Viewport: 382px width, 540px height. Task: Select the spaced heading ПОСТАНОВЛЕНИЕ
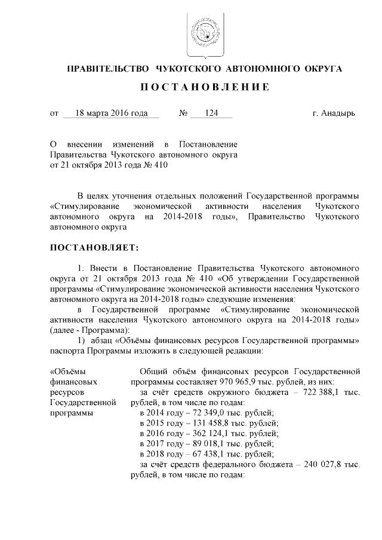[x=204, y=87]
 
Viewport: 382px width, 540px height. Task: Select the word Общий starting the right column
[x=152, y=372]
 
